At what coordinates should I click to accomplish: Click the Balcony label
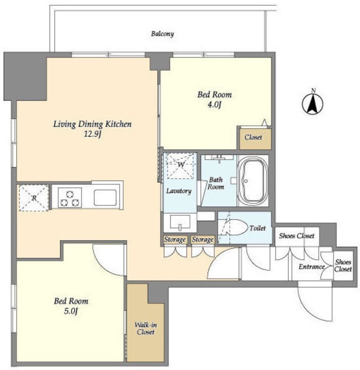click(x=163, y=34)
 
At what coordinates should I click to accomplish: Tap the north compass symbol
click(x=313, y=102)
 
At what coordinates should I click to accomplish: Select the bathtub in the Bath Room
click(x=253, y=180)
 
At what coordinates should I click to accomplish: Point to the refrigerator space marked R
click(x=34, y=198)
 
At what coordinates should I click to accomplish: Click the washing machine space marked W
click(x=181, y=164)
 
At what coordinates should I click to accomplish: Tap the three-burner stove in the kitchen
click(x=69, y=198)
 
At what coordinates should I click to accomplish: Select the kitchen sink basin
click(x=105, y=198)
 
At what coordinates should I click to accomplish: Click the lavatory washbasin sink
click(x=180, y=223)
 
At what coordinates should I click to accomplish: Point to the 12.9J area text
click(x=93, y=135)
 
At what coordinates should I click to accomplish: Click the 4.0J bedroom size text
click(x=214, y=105)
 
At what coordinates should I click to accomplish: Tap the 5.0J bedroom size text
click(x=71, y=311)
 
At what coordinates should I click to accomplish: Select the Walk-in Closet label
click(x=145, y=328)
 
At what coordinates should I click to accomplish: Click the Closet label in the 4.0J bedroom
click(x=254, y=137)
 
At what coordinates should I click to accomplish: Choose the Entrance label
click(x=311, y=267)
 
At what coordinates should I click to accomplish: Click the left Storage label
click(x=175, y=239)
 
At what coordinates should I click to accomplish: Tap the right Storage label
click(x=203, y=239)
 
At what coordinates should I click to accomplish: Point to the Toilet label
click(x=258, y=228)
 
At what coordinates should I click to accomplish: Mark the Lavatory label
click(x=179, y=191)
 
